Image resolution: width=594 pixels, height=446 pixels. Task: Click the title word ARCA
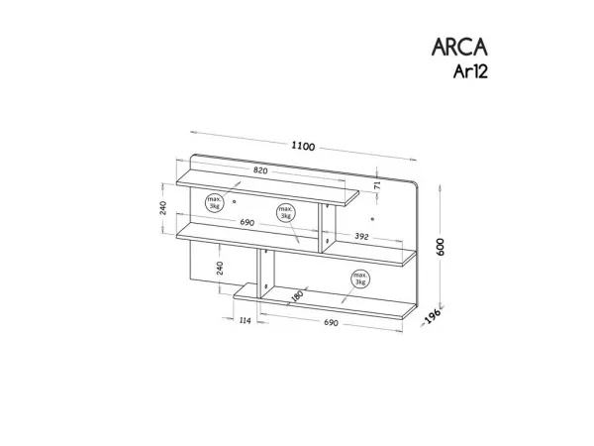(459, 47)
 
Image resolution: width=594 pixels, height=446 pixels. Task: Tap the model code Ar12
(470, 71)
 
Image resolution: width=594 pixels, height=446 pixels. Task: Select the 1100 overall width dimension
(303, 146)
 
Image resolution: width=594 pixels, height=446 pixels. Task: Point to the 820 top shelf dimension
(260, 170)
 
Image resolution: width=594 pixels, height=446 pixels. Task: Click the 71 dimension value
(377, 185)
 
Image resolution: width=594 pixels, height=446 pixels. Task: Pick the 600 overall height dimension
(441, 247)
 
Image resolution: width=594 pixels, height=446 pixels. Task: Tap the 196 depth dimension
(433, 316)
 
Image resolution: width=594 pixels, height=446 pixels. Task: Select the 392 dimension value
(361, 236)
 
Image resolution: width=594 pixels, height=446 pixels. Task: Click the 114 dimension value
(246, 321)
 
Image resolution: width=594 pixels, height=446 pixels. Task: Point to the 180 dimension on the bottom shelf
(297, 295)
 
